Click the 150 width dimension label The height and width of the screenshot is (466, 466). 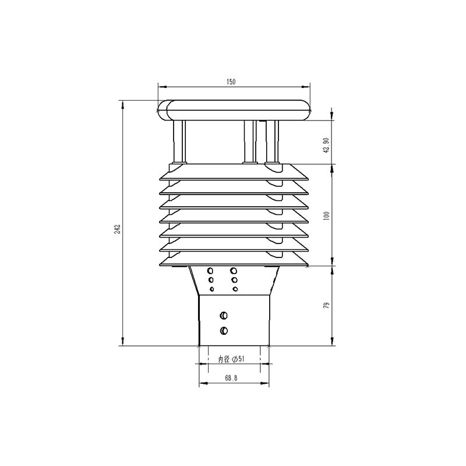click(231, 82)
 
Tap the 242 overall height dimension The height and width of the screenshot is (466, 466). click(118, 229)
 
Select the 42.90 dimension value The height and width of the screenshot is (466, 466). click(327, 145)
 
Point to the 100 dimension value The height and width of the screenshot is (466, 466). click(327, 216)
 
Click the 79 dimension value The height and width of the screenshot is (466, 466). click(327, 306)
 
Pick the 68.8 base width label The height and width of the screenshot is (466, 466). click(231, 378)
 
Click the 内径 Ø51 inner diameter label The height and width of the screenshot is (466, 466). click(231, 359)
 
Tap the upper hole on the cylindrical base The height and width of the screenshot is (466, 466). click(224, 315)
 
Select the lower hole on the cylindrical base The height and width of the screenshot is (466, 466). click(224, 330)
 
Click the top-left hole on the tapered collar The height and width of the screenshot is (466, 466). click(210, 270)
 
